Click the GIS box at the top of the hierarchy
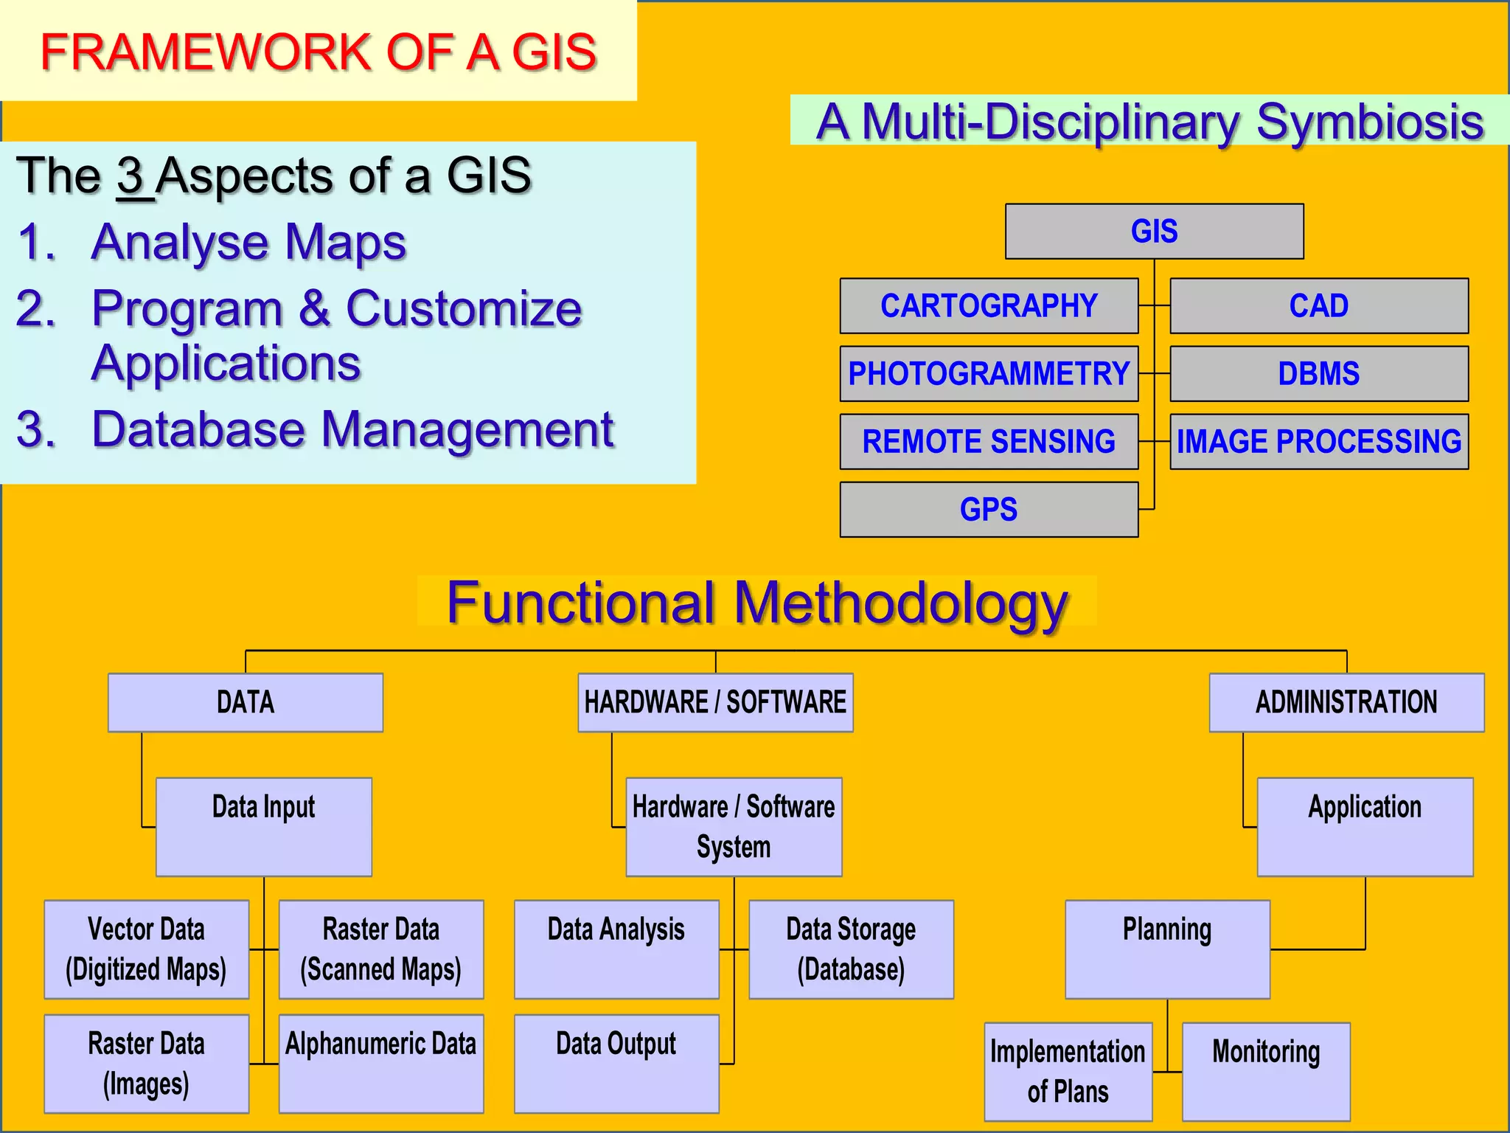1154,232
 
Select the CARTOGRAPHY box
989,306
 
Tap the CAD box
1318,306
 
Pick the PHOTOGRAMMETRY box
989,374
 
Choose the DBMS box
1318,374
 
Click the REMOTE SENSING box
989,442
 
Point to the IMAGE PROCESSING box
1318,442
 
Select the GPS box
989,510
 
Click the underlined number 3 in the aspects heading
131,177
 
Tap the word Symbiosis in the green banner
1369,122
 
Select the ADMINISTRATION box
1346,702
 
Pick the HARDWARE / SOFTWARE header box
715,702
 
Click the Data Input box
263,826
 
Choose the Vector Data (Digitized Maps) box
146,949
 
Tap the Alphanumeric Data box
380,1063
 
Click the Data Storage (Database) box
851,949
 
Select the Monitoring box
1266,1071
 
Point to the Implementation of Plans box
1068,1071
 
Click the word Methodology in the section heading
900,603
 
